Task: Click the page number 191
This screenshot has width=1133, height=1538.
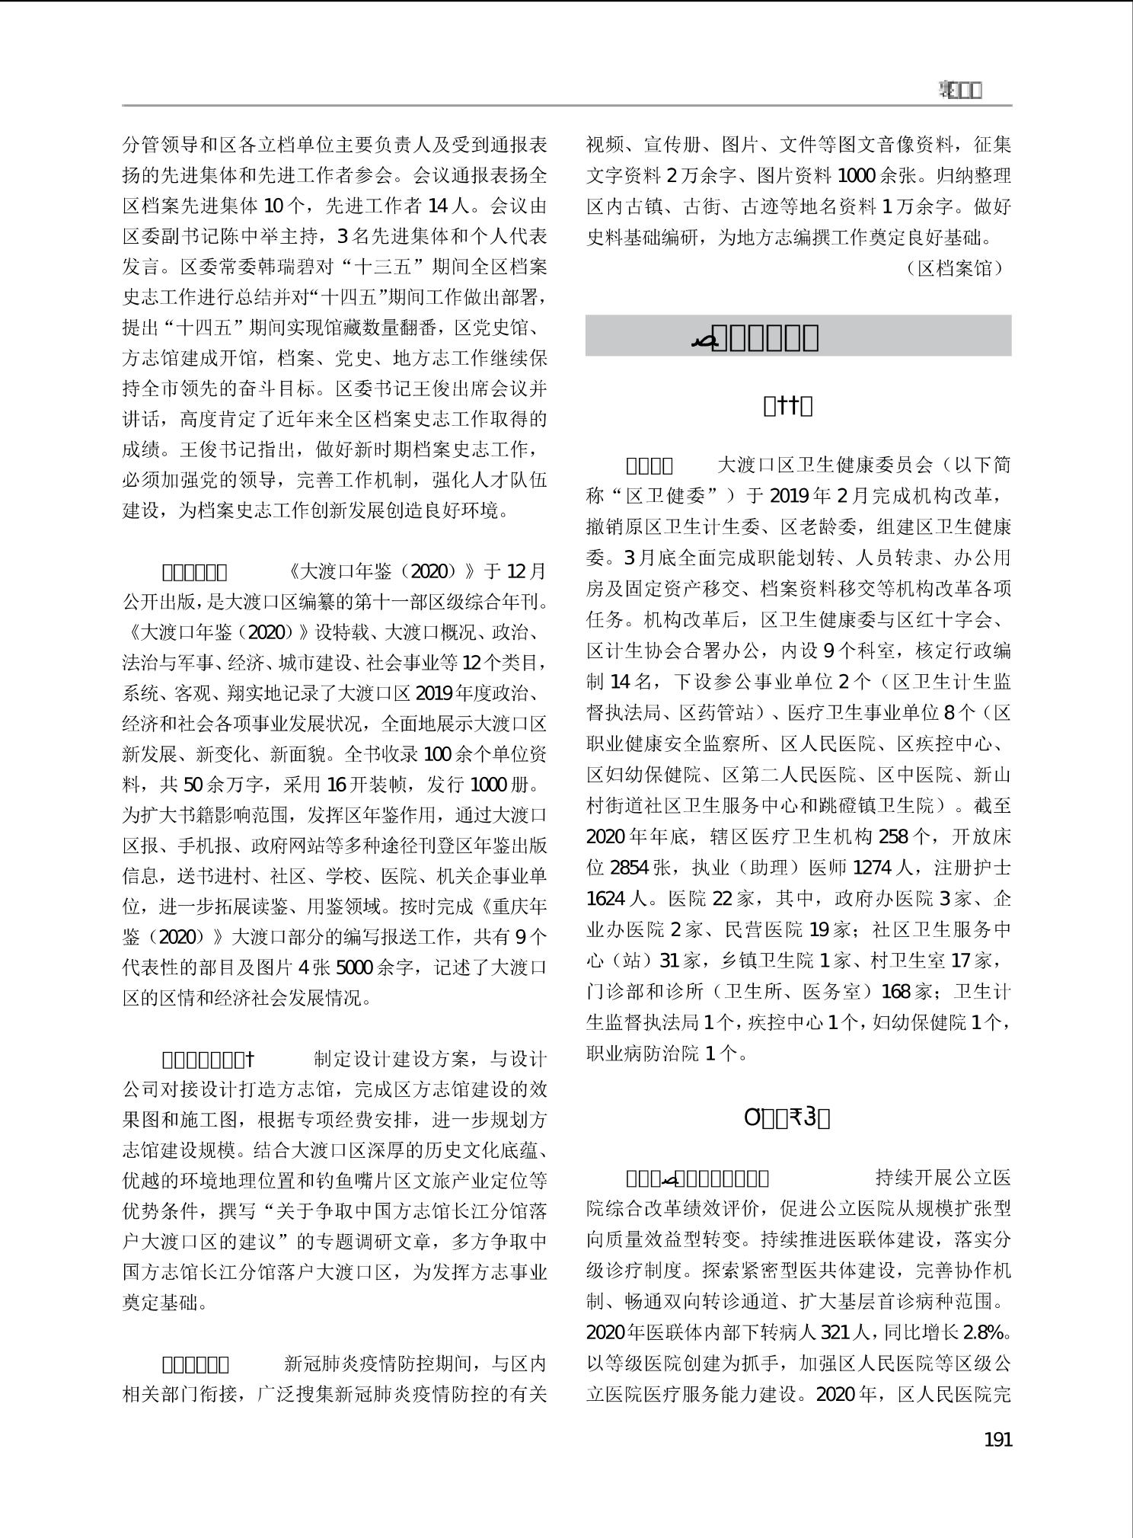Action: point(997,1440)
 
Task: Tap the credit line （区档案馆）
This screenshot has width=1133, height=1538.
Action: point(956,268)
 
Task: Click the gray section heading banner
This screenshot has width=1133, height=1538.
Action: point(798,336)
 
